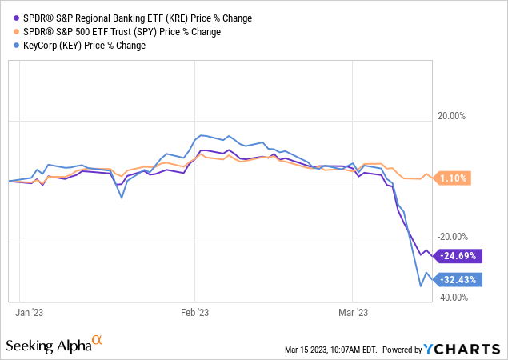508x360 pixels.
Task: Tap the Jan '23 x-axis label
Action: (x=30, y=313)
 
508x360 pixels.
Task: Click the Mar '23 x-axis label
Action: (x=354, y=313)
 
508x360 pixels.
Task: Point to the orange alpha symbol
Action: (x=98, y=341)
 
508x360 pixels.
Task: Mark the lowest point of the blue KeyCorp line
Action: (x=420, y=286)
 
